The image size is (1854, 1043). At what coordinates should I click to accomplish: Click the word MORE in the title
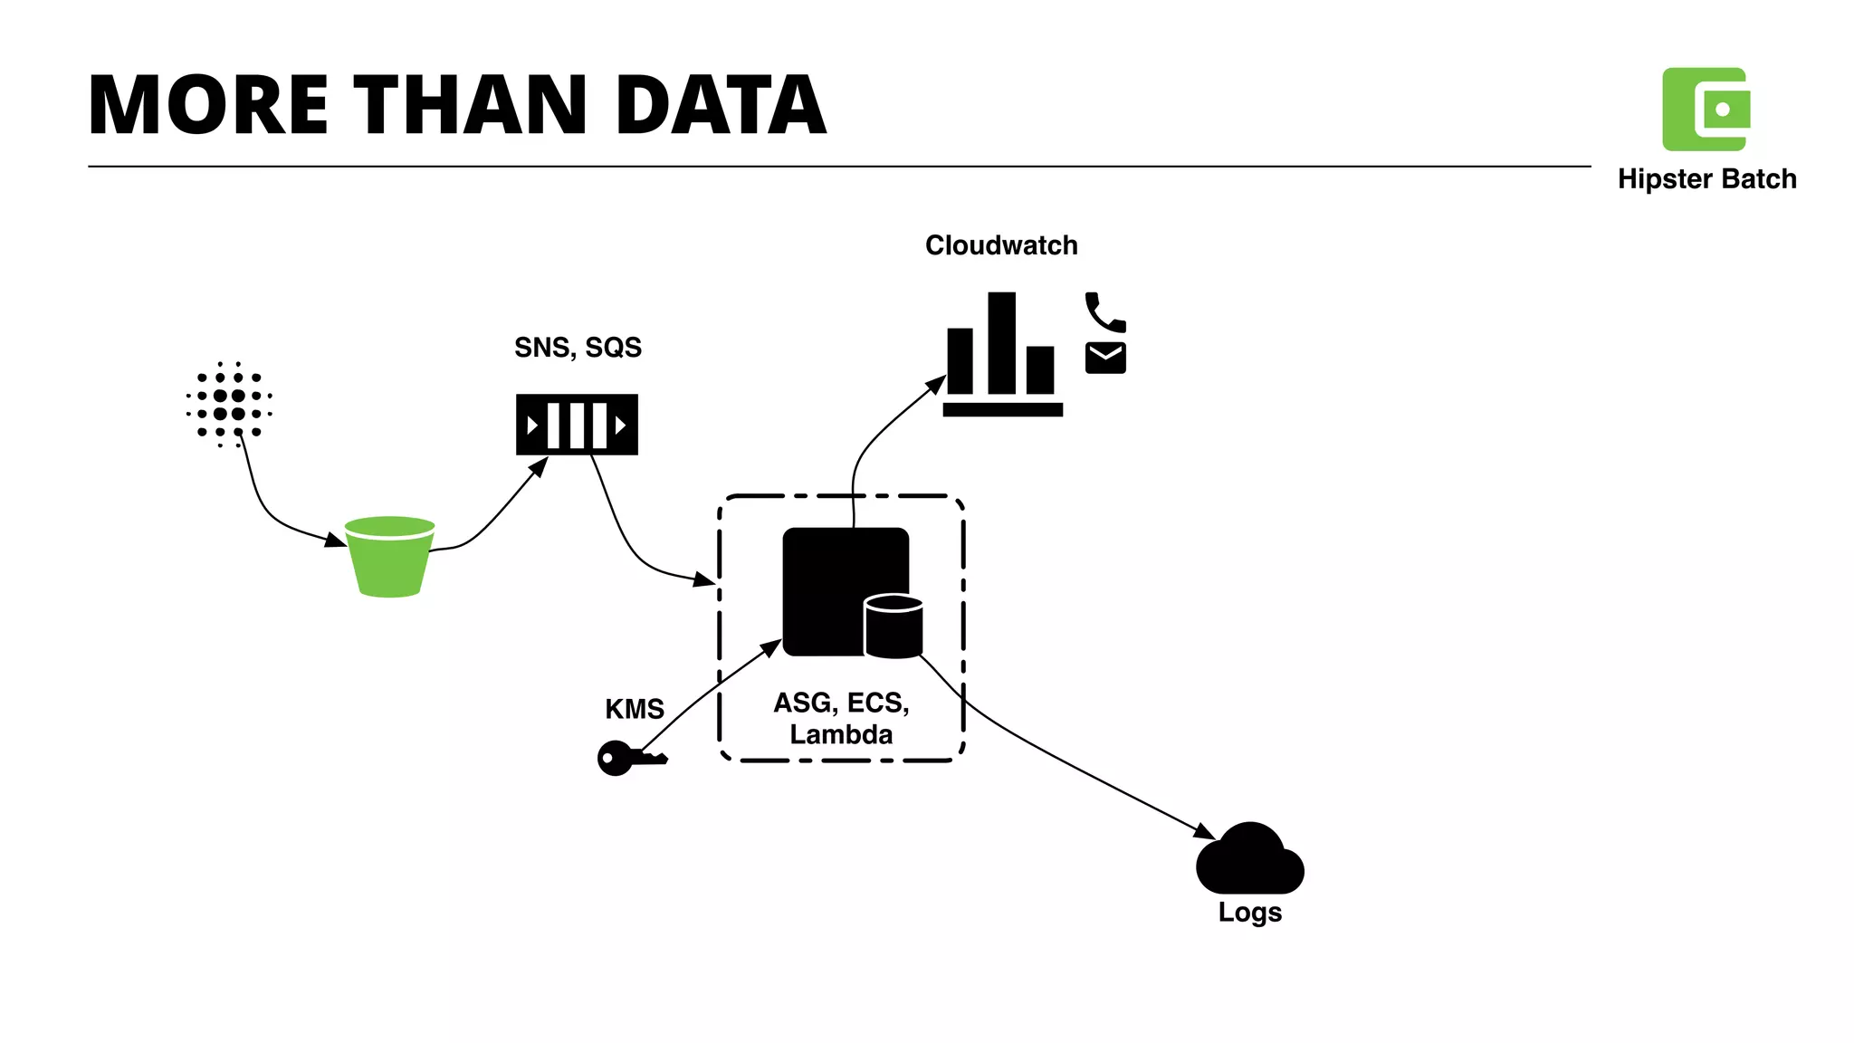pos(208,106)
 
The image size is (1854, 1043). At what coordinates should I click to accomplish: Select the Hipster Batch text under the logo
pos(1706,179)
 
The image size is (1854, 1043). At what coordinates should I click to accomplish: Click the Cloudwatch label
pos(1001,245)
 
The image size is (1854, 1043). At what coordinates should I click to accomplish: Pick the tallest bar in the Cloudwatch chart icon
pos(1001,342)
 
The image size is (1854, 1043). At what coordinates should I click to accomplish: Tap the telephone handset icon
pos(1104,312)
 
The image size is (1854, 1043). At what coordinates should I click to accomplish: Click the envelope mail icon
pos(1105,359)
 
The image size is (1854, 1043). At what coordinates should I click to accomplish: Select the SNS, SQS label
pos(578,348)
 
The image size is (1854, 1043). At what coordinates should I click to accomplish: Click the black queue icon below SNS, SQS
pos(577,425)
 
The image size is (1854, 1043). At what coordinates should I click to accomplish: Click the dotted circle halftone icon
pos(229,405)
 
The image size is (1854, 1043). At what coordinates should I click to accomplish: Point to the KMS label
pos(635,709)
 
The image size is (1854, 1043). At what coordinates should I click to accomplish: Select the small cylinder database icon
pos(894,627)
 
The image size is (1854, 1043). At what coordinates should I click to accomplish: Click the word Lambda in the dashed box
pos(841,734)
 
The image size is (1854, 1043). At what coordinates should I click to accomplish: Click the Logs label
pos(1249,912)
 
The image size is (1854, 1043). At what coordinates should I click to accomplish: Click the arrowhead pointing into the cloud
pos(1205,831)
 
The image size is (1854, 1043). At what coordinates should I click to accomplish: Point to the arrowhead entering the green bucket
pos(336,541)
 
